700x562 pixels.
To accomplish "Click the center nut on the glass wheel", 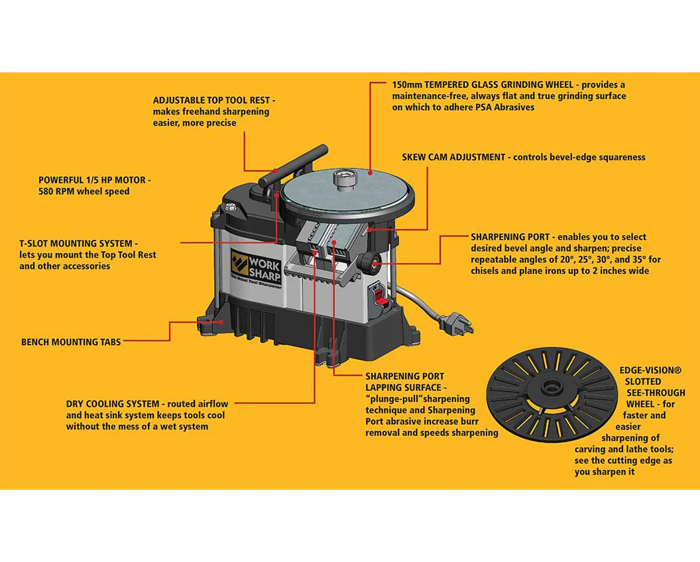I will [x=343, y=178].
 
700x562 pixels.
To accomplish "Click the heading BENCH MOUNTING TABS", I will [x=71, y=343].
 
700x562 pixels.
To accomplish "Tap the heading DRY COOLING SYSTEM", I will [x=113, y=404].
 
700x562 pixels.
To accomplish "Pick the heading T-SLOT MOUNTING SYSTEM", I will [x=79, y=244].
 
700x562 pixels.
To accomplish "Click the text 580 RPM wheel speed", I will [x=84, y=192].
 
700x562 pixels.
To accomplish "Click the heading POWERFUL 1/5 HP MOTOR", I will [x=94, y=180].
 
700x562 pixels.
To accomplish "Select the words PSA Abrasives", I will [x=503, y=107].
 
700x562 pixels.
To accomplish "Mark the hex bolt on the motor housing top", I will [x=230, y=207].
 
